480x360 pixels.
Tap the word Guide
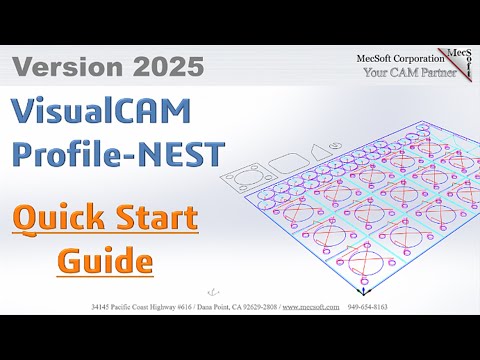click(x=119, y=262)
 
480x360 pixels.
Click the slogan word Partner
click(x=434, y=72)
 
